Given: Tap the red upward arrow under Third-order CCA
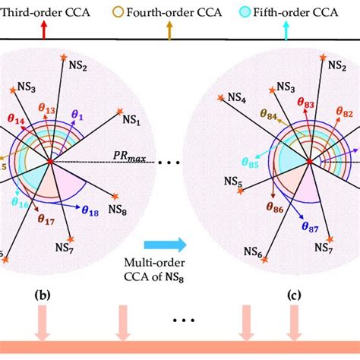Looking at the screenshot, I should (43, 30).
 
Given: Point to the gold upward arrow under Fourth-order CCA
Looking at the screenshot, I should (169, 30).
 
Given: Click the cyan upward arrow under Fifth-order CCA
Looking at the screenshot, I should (286, 30).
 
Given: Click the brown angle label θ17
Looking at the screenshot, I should (48, 219).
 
